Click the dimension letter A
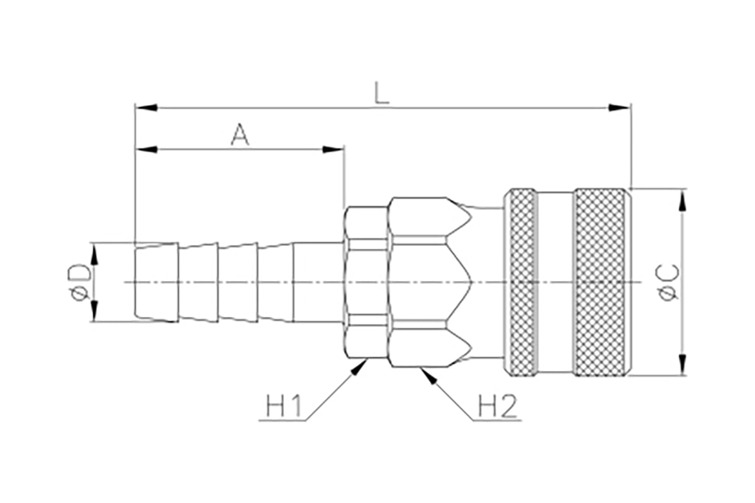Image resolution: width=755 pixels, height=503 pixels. (240, 134)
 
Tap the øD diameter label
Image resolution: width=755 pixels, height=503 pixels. (79, 282)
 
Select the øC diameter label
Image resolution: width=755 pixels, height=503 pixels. (668, 282)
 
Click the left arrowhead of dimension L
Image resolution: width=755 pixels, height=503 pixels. (146, 108)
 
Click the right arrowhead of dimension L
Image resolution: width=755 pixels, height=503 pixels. (620, 108)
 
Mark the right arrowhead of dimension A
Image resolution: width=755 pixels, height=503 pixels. (333, 149)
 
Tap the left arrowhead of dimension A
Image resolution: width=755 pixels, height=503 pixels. (146, 149)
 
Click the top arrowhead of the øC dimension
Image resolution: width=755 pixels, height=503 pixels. (683, 200)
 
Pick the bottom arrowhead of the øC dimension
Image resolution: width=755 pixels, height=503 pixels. (683, 365)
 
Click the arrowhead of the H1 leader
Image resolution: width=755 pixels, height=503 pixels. (359, 367)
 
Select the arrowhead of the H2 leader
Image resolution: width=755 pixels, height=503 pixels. (428, 376)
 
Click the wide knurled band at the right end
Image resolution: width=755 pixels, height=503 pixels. (600, 282)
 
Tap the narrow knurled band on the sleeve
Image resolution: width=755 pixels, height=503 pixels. (522, 282)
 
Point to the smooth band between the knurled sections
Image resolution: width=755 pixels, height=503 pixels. (555, 282)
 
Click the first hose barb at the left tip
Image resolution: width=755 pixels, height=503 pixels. (157, 282)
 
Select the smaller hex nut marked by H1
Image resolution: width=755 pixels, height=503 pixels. (366, 282)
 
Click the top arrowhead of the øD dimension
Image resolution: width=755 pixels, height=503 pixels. (94, 255)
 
